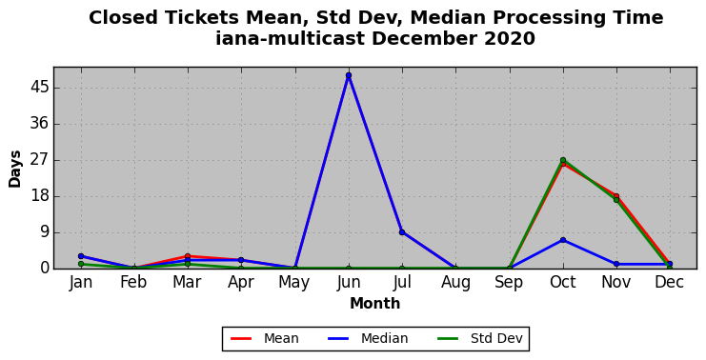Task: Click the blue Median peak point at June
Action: (x=349, y=75)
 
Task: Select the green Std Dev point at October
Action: (x=563, y=160)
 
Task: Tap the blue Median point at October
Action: (x=563, y=240)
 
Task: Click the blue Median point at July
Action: (x=402, y=232)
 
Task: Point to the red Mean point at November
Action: (x=616, y=196)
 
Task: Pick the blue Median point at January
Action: (x=81, y=256)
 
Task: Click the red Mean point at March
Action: (x=188, y=256)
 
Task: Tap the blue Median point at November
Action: (x=616, y=264)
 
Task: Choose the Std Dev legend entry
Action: (x=480, y=338)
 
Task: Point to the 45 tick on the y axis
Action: (x=39, y=88)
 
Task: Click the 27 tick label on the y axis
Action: (x=39, y=160)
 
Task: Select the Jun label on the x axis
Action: (x=349, y=283)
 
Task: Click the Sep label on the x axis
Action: (x=509, y=283)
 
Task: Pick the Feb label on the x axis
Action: (x=134, y=282)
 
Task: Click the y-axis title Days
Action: (x=15, y=169)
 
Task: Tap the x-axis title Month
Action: (x=375, y=303)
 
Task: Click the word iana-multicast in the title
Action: (x=290, y=39)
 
